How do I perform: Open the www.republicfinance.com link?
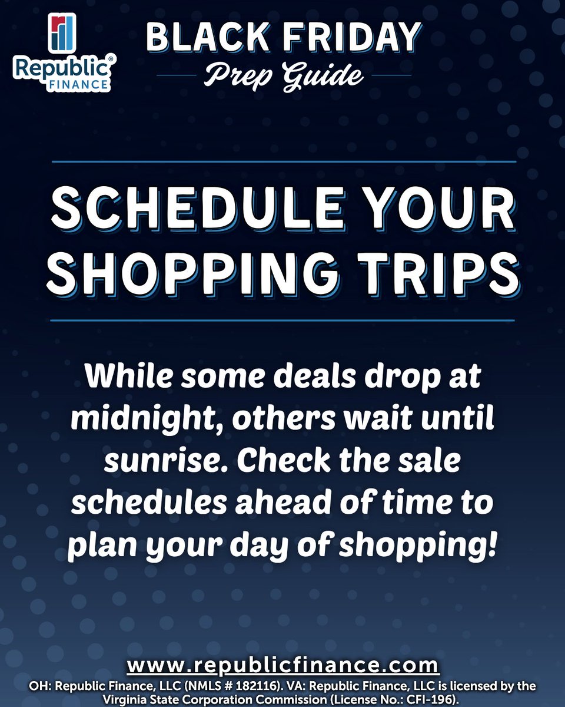[x=283, y=666]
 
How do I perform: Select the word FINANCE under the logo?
[x=80, y=84]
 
